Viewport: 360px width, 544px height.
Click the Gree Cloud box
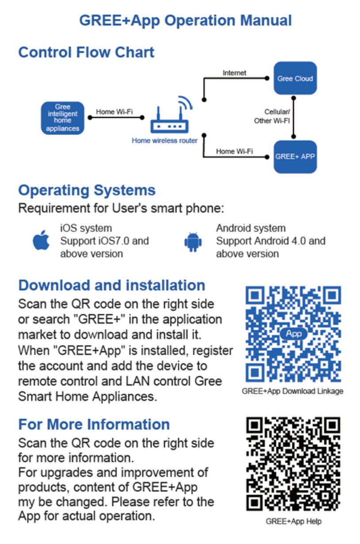click(295, 78)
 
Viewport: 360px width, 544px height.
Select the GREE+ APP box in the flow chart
click(295, 157)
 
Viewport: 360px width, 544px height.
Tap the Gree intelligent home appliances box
click(62, 118)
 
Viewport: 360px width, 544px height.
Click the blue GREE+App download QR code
click(293, 335)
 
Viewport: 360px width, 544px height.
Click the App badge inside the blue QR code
click(294, 334)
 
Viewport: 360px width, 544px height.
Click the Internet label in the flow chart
click(234, 73)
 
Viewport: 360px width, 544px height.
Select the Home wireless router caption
click(165, 141)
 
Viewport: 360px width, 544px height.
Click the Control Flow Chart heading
click(86, 52)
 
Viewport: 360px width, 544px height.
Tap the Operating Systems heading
click(87, 190)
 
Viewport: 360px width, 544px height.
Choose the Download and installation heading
click(111, 285)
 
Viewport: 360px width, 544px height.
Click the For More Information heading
click(94, 424)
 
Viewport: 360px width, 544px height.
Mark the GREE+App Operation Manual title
click(185, 20)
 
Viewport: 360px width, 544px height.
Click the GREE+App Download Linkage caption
click(292, 391)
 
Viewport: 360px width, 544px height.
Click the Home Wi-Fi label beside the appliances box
click(114, 112)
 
